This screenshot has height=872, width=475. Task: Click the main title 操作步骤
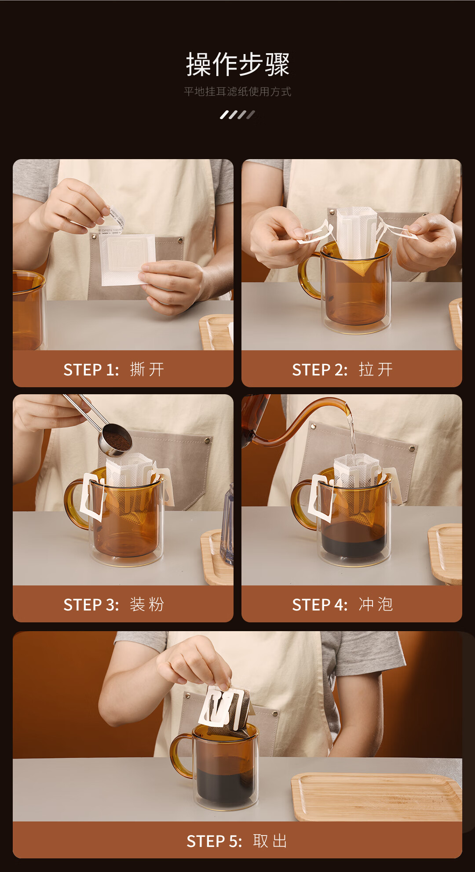tap(237, 64)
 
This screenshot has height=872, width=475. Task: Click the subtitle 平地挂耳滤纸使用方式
tap(237, 91)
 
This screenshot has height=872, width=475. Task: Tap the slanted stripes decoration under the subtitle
tap(237, 115)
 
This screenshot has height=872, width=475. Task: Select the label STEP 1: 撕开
tap(114, 370)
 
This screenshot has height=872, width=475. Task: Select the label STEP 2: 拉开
tap(343, 370)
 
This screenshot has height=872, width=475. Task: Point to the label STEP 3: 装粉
tap(114, 605)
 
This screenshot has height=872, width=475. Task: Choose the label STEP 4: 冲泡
tap(343, 605)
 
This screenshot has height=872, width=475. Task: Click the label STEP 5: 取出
tap(237, 841)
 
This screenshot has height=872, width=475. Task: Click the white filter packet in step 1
tap(128, 259)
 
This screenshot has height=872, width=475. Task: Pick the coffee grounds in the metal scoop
tap(117, 440)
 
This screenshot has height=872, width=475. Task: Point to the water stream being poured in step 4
tap(351, 435)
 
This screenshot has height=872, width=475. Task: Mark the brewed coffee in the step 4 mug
tap(354, 540)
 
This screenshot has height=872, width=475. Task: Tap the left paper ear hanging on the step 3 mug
tap(93, 497)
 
